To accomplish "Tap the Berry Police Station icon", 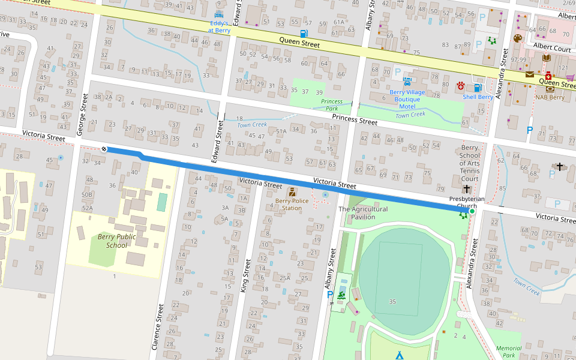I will pyautogui.click(x=292, y=192).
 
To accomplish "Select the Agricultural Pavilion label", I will pyautogui.click(x=363, y=213).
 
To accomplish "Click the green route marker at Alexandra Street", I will pyautogui.click(x=472, y=211).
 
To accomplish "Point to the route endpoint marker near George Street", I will pyautogui.click(x=104, y=149).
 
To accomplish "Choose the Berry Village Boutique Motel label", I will pyautogui.click(x=407, y=99).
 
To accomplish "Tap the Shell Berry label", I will pyautogui.click(x=478, y=97).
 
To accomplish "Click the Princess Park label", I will pyautogui.click(x=332, y=106).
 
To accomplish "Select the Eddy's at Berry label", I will pyautogui.click(x=218, y=26).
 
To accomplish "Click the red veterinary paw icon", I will pyautogui.click(x=461, y=85).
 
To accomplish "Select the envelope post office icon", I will pyautogui.click(x=530, y=74).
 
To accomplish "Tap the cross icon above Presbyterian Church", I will pyautogui.click(x=466, y=188).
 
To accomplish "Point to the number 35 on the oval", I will pyautogui.click(x=392, y=301).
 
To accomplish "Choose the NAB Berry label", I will pyautogui.click(x=550, y=97).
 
